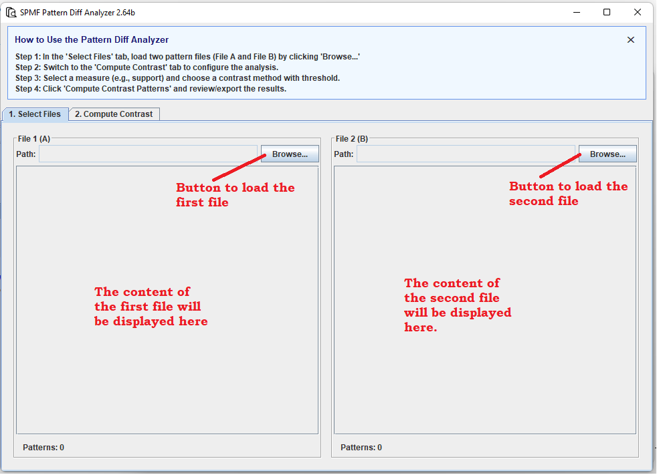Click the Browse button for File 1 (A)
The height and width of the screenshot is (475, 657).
[x=290, y=154]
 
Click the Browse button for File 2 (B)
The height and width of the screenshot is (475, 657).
[x=607, y=154]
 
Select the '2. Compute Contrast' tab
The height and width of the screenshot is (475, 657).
[x=114, y=114]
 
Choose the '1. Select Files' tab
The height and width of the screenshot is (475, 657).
[x=35, y=114]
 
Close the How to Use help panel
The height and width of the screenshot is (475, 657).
[x=630, y=40]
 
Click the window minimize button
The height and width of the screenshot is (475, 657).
[x=577, y=12]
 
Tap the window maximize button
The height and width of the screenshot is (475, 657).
[x=607, y=12]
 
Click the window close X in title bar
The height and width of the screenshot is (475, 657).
[x=638, y=12]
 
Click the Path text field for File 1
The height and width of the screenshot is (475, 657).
[x=148, y=154]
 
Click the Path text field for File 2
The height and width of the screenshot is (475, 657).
[x=466, y=154]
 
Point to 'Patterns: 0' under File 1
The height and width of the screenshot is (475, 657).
[x=43, y=448]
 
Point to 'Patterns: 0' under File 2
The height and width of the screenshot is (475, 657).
[x=361, y=448]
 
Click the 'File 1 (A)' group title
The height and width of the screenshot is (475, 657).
[x=34, y=139]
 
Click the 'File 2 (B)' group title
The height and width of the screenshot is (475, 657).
[x=352, y=139]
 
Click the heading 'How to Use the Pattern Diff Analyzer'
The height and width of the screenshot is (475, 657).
[x=92, y=40]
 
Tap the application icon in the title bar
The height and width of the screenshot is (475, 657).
[x=11, y=12]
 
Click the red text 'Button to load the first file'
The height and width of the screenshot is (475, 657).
[x=235, y=194]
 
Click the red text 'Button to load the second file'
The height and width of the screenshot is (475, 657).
[x=568, y=194]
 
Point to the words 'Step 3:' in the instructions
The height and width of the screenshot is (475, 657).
[x=28, y=78]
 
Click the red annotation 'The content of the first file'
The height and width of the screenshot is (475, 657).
[x=151, y=307]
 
